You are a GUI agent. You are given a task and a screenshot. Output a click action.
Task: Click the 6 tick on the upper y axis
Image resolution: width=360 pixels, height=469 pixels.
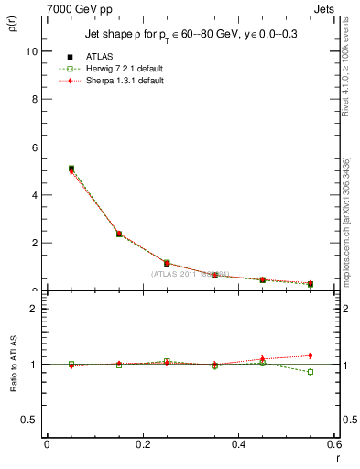point(35,147)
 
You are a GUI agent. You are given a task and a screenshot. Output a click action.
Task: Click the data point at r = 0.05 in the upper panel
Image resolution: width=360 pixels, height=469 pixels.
point(71,169)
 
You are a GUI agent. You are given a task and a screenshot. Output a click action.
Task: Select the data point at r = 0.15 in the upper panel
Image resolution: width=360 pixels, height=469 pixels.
point(119,234)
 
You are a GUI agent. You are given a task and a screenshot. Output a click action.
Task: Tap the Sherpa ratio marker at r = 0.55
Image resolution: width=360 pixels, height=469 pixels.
point(310,355)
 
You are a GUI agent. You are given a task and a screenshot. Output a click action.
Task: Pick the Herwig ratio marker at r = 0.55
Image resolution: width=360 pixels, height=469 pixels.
point(310,372)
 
